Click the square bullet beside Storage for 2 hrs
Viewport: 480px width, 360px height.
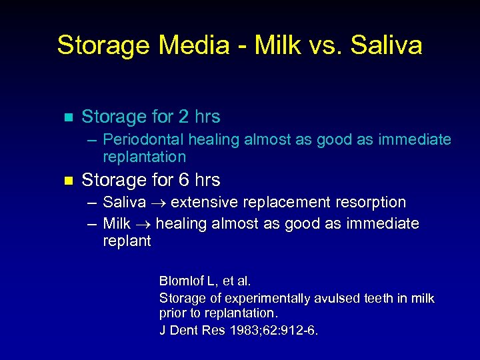coord(65,117)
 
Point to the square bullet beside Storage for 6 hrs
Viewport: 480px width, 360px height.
coord(65,181)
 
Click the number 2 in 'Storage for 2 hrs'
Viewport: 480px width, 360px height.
coord(183,117)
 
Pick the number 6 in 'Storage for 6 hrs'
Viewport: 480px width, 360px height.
coord(183,180)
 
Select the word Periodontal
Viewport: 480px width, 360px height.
coord(144,140)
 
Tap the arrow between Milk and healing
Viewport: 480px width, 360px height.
coord(142,224)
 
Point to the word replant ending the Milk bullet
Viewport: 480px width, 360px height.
coord(127,241)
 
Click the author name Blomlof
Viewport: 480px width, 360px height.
coord(182,281)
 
